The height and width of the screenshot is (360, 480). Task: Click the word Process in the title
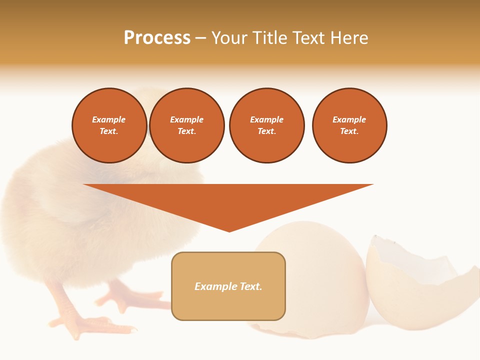point(157,38)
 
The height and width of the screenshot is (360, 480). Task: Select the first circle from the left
point(109,125)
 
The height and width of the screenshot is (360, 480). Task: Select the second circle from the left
point(187,125)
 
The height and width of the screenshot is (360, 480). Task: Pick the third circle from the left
point(266,125)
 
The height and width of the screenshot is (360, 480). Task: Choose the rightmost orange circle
point(349,125)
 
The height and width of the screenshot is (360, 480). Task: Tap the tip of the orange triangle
point(229,230)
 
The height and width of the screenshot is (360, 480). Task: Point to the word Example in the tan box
point(215,286)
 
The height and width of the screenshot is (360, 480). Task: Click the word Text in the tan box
point(250,286)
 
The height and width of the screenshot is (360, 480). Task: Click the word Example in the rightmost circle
point(349,119)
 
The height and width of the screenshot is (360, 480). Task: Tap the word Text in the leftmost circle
point(108,131)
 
